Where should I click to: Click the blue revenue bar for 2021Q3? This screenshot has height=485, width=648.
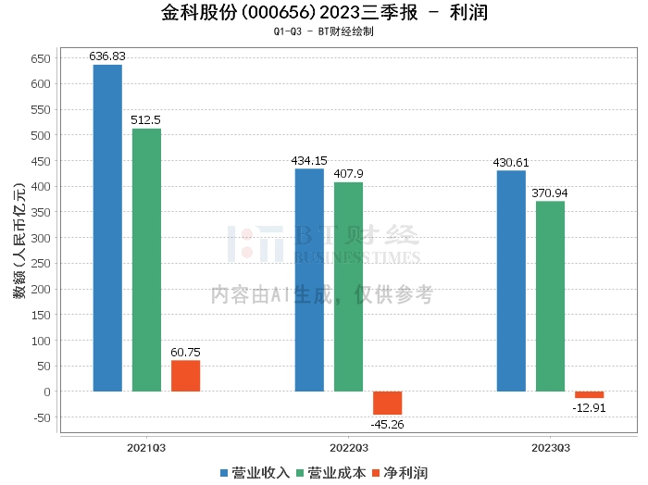(x=107, y=228)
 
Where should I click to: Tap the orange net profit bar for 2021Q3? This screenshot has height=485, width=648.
(x=185, y=376)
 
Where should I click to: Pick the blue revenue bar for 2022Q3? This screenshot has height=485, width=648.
(x=309, y=280)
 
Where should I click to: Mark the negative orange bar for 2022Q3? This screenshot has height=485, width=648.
(x=387, y=403)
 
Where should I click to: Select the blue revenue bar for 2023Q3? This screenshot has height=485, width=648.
(x=511, y=280)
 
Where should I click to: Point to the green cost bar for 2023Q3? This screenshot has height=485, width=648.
(x=550, y=295)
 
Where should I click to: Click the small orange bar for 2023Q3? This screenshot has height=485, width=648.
(x=589, y=394)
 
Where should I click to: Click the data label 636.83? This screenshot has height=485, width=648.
(x=107, y=56)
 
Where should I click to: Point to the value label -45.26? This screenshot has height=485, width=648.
(x=387, y=425)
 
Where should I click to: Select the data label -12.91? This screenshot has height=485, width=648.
(x=589, y=408)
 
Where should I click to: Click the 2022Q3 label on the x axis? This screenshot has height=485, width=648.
(x=348, y=447)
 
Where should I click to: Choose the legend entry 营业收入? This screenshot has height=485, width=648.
(x=255, y=473)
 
